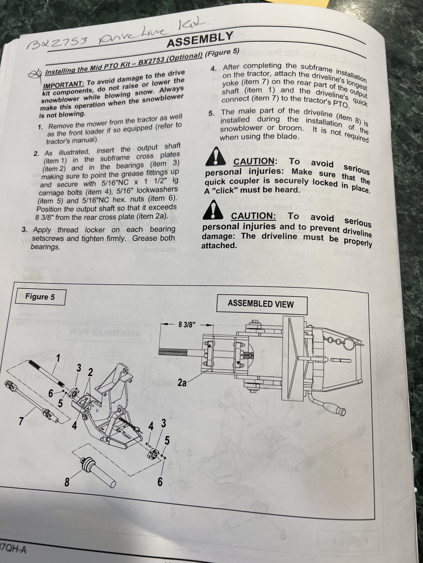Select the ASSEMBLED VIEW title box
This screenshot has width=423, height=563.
tap(261, 304)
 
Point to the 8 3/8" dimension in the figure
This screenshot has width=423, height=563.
tap(187, 325)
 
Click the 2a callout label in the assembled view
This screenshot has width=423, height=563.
tap(182, 383)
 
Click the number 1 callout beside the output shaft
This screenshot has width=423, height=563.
tap(58, 358)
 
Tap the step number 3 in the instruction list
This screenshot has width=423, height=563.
tap(25, 230)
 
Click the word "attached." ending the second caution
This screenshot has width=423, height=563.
tap(219, 245)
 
